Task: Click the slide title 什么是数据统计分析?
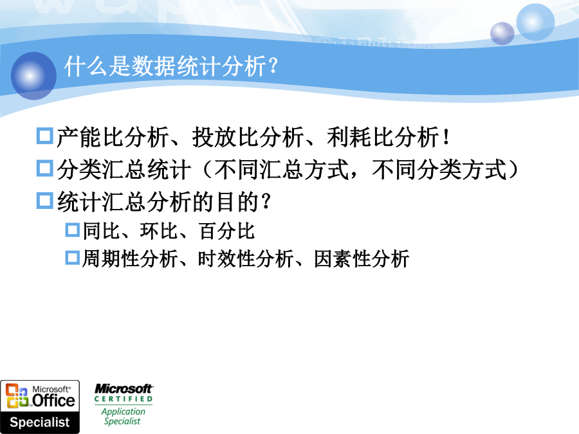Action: [171, 66]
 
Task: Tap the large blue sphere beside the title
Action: [33, 76]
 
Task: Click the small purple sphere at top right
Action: [502, 33]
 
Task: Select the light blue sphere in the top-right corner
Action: [535, 22]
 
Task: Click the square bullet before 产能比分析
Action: [45, 136]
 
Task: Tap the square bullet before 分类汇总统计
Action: [45, 168]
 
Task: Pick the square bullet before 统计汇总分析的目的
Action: [45, 201]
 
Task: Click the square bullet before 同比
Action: [73, 230]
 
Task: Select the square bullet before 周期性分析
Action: [73, 258]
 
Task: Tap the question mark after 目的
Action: [266, 202]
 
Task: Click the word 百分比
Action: [226, 231]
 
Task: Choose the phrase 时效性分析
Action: [246, 259]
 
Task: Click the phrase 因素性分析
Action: [362, 259]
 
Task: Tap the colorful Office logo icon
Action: [17, 395]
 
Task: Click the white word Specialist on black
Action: [40, 422]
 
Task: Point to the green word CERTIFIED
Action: [124, 399]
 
